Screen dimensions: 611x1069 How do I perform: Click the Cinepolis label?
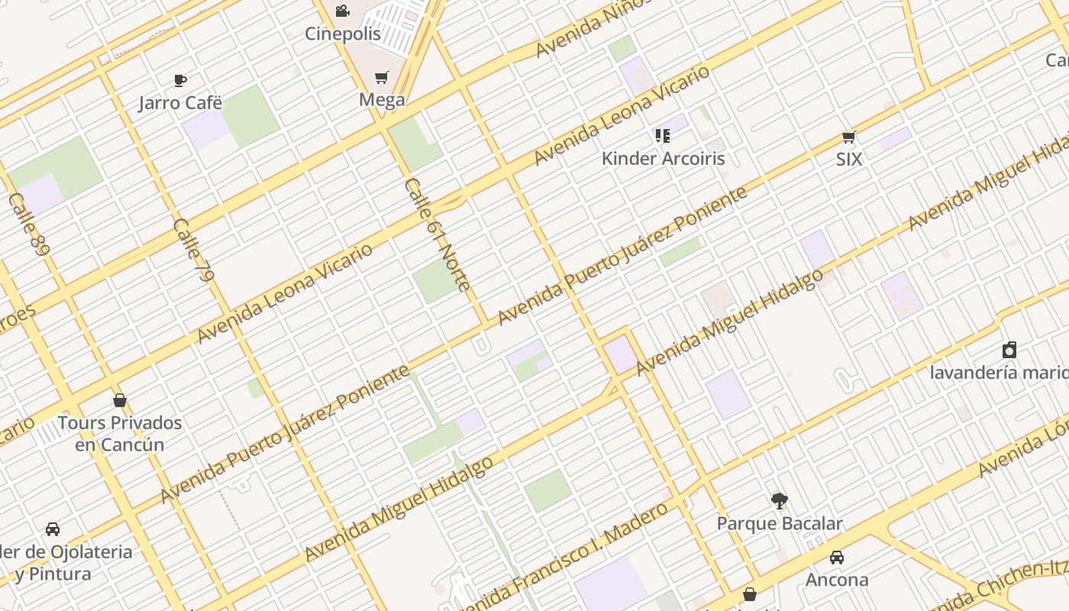click(343, 34)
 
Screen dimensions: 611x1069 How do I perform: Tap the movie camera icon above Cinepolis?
click(343, 11)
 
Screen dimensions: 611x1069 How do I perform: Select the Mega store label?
click(382, 99)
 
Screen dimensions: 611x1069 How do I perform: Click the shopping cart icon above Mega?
click(382, 77)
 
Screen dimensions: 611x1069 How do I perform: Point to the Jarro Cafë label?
click(180, 102)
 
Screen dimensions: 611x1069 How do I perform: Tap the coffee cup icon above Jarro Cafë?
click(180, 80)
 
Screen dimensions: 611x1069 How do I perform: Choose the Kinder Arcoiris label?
click(663, 158)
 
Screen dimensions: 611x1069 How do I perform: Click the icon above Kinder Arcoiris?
click(663, 136)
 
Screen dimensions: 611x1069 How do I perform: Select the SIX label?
click(848, 159)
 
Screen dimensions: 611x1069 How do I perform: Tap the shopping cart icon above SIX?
click(848, 137)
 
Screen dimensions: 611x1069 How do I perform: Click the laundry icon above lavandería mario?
click(1009, 350)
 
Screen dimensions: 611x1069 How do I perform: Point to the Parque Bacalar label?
click(779, 523)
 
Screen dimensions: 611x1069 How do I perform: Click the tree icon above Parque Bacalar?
click(779, 501)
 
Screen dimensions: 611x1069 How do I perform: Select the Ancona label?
click(837, 580)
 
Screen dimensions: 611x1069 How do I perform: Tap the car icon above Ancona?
click(837, 558)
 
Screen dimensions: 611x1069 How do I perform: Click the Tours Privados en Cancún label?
click(120, 433)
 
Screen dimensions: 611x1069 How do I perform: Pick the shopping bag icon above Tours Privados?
click(120, 400)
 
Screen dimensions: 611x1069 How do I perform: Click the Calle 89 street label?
click(29, 224)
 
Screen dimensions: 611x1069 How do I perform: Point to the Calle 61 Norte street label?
click(438, 234)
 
